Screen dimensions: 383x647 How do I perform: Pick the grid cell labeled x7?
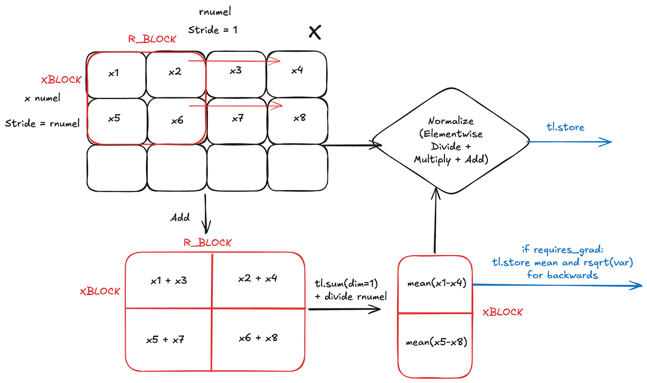tap(237, 120)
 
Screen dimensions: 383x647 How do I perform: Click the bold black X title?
tap(315, 32)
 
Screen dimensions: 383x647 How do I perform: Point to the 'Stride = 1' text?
tap(213, 30)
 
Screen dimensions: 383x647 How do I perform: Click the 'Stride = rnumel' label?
tap(42, 123)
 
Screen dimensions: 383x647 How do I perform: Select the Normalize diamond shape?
tap(451, 140)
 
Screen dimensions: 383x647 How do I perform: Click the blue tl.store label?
tap(565, 127)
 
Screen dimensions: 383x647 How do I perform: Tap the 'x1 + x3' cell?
tap(169, 280)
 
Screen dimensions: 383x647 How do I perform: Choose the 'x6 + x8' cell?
tap(258, 338)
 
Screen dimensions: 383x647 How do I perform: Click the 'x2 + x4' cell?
tap(258, 278)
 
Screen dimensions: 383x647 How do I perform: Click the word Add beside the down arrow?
tap(180, 217)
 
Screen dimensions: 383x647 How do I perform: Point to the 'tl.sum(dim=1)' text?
tap(346, 283)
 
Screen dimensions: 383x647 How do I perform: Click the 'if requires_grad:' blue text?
tap(562, 250)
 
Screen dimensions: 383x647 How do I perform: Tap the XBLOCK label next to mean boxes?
tap(503, 312)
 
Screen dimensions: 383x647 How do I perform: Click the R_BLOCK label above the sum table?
tap(207, 243)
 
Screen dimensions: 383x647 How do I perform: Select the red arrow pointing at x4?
tap(235, 61)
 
